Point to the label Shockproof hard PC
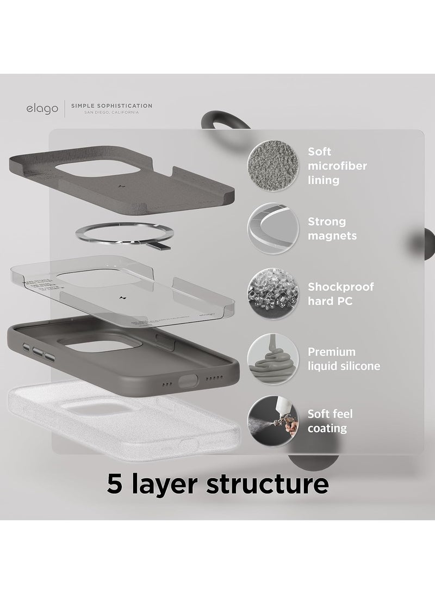click(340, 293)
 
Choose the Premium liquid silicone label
click(343, 358)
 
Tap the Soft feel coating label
click(330, 421)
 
